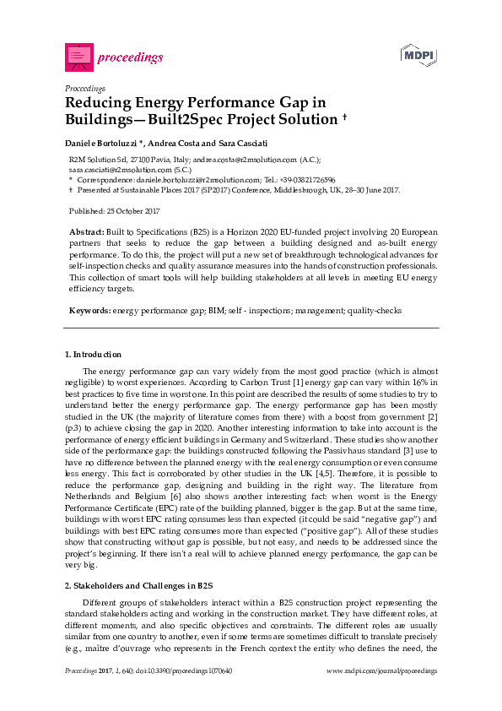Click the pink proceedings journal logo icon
pyautogui.click(x=78, y=57)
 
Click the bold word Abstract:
pyautogui.click(x=86, y=231)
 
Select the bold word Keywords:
pyautogui.click(x=89, y=311)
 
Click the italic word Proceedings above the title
pyautogui.click(x=85, y=88)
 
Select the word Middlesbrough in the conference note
pyautogui.click(x=305, y=190)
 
